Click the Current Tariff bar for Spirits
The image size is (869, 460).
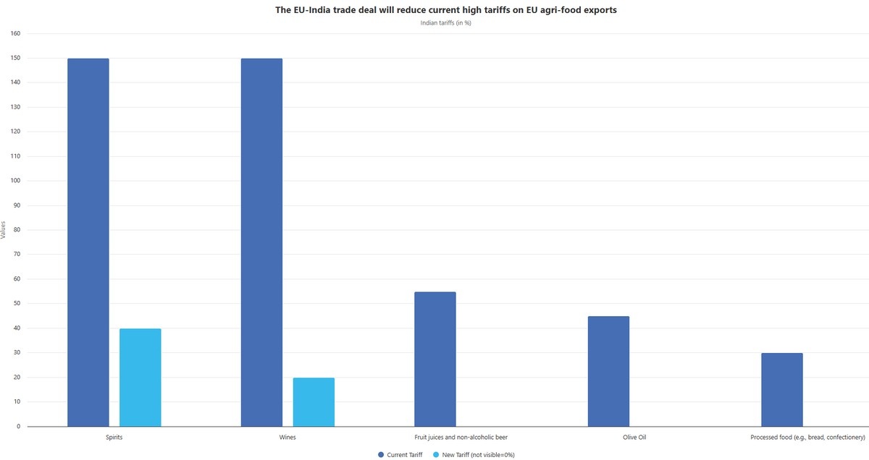pyautogui.click(x=88, y=242)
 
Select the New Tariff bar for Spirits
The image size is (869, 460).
pyautogui.click(x=140, y=378)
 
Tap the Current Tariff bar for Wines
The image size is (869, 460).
pyautogui.click(x=261, y=242)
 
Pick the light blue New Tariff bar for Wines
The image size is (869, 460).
pyautogui.click(x=314, y=402)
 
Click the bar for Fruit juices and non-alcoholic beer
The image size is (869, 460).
pyautogui.click(x=434, y=359)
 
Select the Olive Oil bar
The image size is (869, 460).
pyautogui.click(x=608, y=371)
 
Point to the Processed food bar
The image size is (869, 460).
pyautogui.click(x=781, y=390)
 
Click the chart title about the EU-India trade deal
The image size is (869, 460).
pyautogui.click(x=446, y=10)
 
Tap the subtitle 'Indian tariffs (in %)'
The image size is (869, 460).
pyautogui.click(x=446, y=23)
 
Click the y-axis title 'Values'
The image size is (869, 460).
pyautogui.click(x=4, y=230)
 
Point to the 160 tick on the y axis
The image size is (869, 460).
pyautogui.click(x=15, y=33)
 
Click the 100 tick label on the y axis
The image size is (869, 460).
pyautogui.click(x=15, y=181)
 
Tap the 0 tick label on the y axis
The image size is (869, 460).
pyautogui.click(x=19, y=427)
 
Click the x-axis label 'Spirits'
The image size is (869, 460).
pyautogui.click(x=114, y=438)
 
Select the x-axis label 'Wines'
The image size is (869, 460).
pyautogui.click(x=287, y=438)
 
